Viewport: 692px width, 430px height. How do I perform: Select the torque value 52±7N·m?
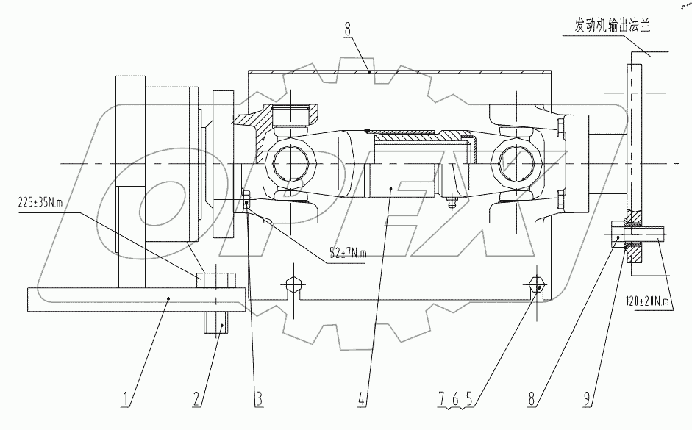click(x=348, y=253)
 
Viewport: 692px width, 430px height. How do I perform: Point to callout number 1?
click(x=126, y=401)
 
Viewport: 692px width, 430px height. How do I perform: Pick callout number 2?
click(x=196, y=401)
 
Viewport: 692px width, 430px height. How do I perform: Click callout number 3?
click(x=259, y=401)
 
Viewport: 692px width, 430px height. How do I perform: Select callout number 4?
click(x=361, y=401)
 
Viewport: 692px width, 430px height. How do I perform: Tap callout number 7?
click(x=442, y=401)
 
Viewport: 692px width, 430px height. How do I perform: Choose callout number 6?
click(x=455, y=401)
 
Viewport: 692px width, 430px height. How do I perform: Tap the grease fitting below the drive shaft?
click(x=450, y=201)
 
